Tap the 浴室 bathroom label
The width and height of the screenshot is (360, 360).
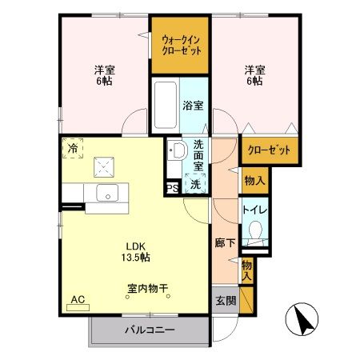[192, 105]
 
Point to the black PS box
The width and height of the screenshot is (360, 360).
[171, 188]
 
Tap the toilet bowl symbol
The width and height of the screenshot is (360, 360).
[256, 232]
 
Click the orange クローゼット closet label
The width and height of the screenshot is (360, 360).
[267, 150]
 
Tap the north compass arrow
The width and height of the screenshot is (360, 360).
[303, 322]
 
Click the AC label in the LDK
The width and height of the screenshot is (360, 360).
[78, 300]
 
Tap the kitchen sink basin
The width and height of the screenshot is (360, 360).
[106, 193]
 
